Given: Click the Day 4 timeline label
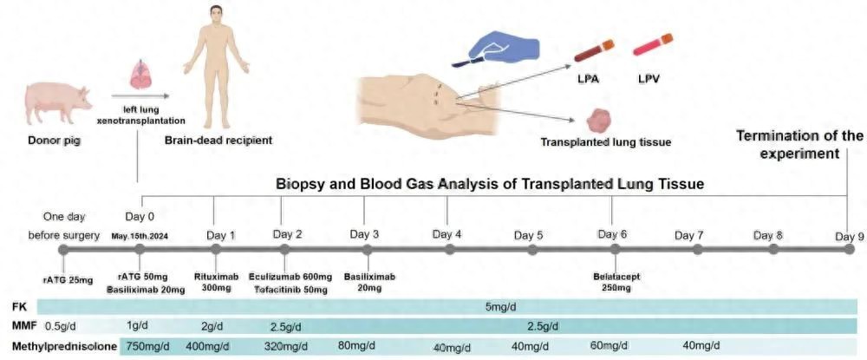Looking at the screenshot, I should [447, 234].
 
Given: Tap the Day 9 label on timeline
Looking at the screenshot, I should [850, 235].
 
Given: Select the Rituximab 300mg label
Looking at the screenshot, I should [215, 282].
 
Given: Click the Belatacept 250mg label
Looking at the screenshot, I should [613, 282].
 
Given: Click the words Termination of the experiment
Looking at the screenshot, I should [799, 145].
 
